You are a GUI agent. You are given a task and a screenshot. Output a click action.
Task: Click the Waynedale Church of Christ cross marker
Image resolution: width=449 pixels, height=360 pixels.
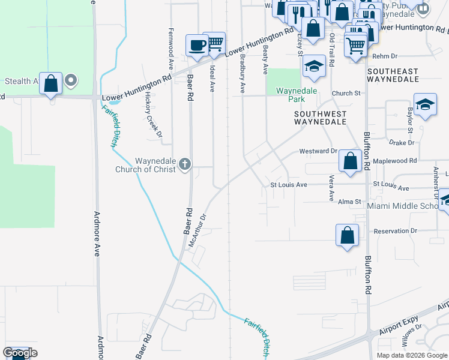pyautogui.click(x=185, y=164)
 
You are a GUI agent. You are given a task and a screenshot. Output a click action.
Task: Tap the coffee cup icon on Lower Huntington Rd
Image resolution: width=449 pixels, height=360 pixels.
pyautogui.click(x=197, y=46)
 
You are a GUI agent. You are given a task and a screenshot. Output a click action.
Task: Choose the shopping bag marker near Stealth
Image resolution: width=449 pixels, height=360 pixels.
pyautogui.click(x=51, y=83)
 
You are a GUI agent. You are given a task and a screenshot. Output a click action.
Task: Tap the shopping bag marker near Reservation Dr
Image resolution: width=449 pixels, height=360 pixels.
pyautogui.click(x=347, y=235)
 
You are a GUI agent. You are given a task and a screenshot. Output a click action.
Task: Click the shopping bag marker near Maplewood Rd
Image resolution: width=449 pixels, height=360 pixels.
pyautogui.click(x=349, y=160)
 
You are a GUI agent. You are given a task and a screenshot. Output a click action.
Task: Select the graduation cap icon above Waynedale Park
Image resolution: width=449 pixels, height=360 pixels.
pyautogui.click(x=313, y=66)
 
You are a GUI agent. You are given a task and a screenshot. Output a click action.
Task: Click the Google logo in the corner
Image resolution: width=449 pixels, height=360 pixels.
pyautogui.click(x=20, y=353)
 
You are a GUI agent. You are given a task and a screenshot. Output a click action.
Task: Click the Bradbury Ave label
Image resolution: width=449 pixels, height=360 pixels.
pyautogui.click(x=243, y=73)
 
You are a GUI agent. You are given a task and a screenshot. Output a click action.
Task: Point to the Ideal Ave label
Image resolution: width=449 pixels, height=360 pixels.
pyautogui.click(x=212, y=79)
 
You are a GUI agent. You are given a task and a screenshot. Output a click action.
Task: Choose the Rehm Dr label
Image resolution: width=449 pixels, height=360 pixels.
pyautogui.click(x=385, y=56)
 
